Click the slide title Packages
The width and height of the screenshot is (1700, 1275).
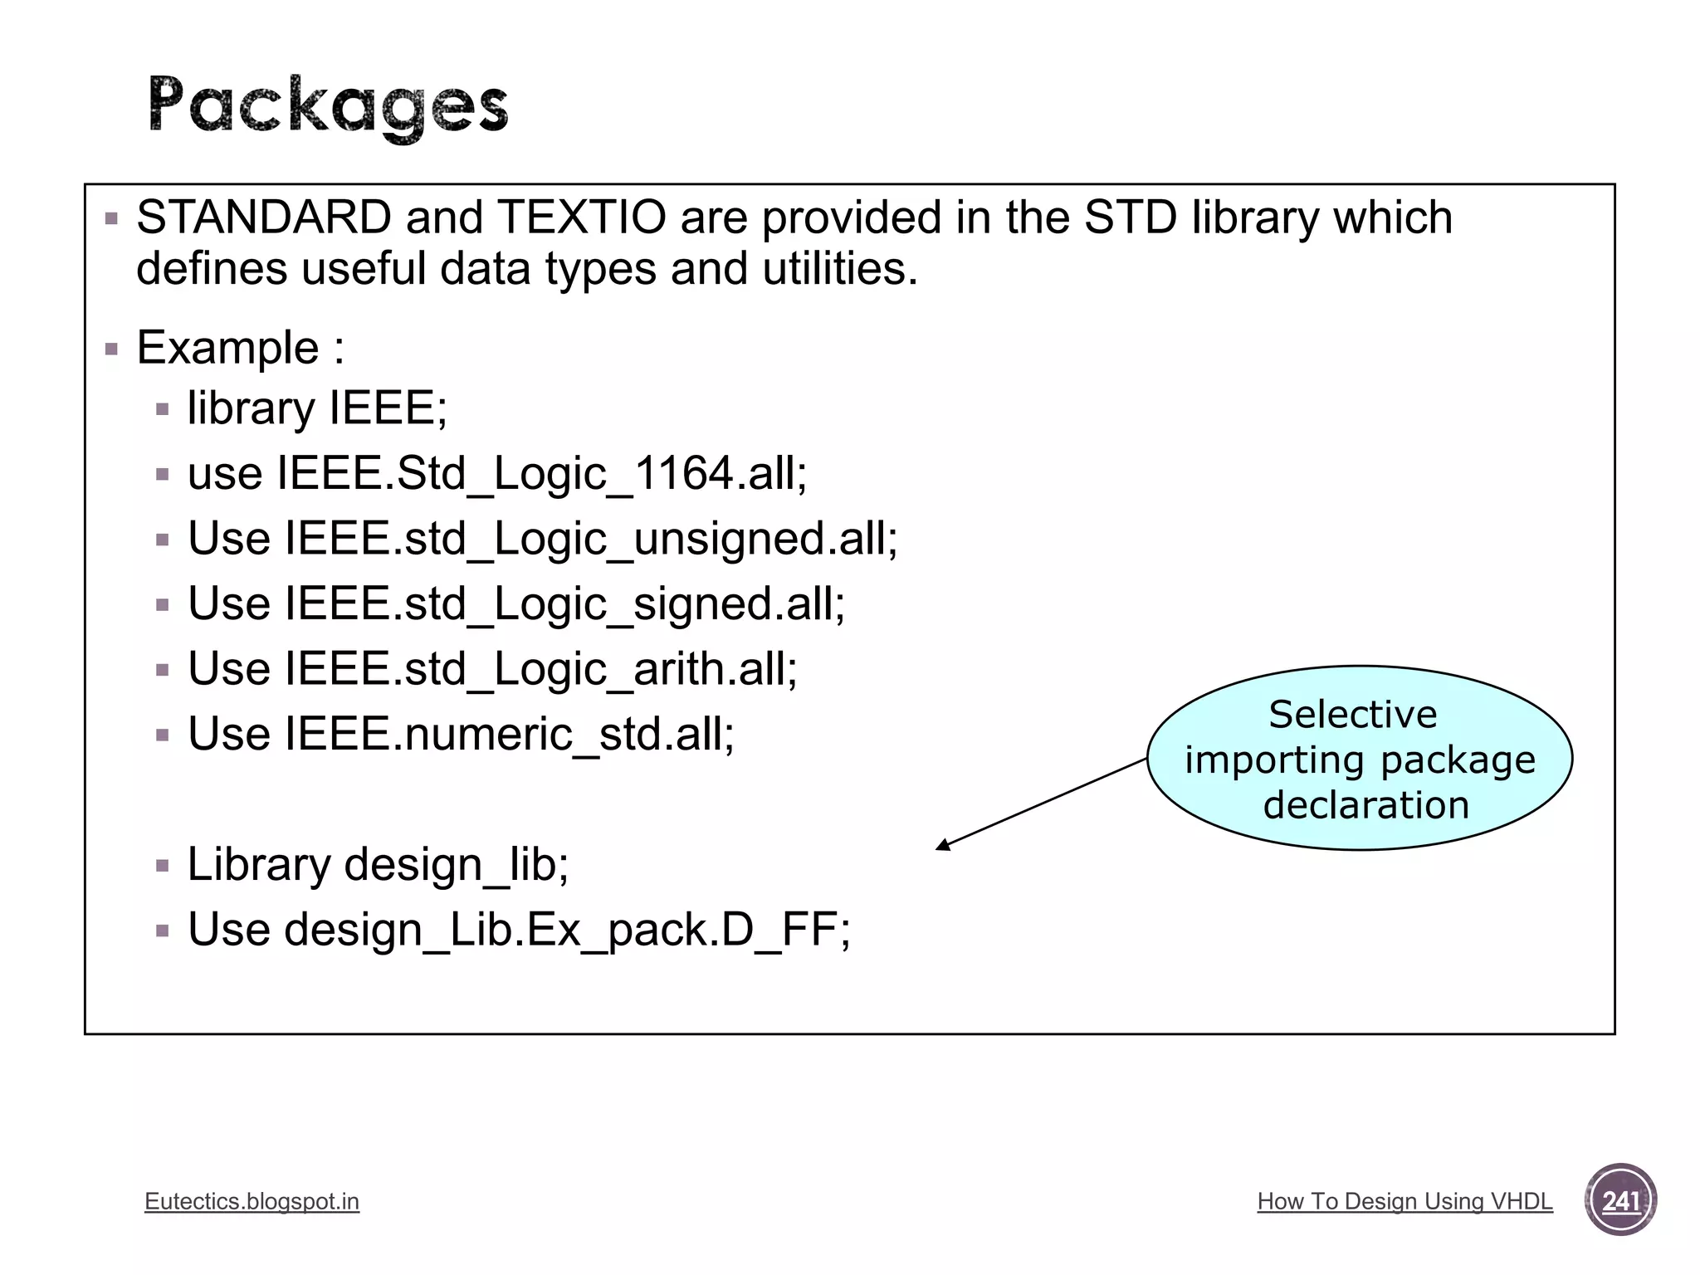pos(328,105)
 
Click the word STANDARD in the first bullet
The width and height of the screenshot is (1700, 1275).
pos(264,217)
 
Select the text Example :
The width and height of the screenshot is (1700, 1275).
pos(240,347)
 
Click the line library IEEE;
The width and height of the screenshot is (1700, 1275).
pos(317,408)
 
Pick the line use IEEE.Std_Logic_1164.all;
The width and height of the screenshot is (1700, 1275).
pos(496,474)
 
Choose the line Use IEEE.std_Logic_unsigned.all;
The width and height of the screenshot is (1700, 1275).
pos(542,539)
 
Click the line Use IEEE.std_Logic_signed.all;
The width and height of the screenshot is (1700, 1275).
pos(515,603)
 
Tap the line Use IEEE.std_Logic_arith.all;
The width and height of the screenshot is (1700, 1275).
pos(492,669)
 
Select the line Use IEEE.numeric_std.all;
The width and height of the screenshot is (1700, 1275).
pos(461,734)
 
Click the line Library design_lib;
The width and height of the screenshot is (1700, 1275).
pos(378,864)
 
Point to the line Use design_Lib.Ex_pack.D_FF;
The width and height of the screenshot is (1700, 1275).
pos(519,930)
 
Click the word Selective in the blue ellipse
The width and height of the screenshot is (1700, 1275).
pos(1352,715)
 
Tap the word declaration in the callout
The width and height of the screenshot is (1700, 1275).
pos(1365,805)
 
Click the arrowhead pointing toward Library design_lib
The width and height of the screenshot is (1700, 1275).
pos(942,846)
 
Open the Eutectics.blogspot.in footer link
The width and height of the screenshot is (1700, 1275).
pos(252,1201)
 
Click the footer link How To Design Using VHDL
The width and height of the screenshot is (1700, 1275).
pos(1404,1201)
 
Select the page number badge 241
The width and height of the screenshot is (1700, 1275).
pos(1620,1200)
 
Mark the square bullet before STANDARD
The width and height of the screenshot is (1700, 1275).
pos(112,220)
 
